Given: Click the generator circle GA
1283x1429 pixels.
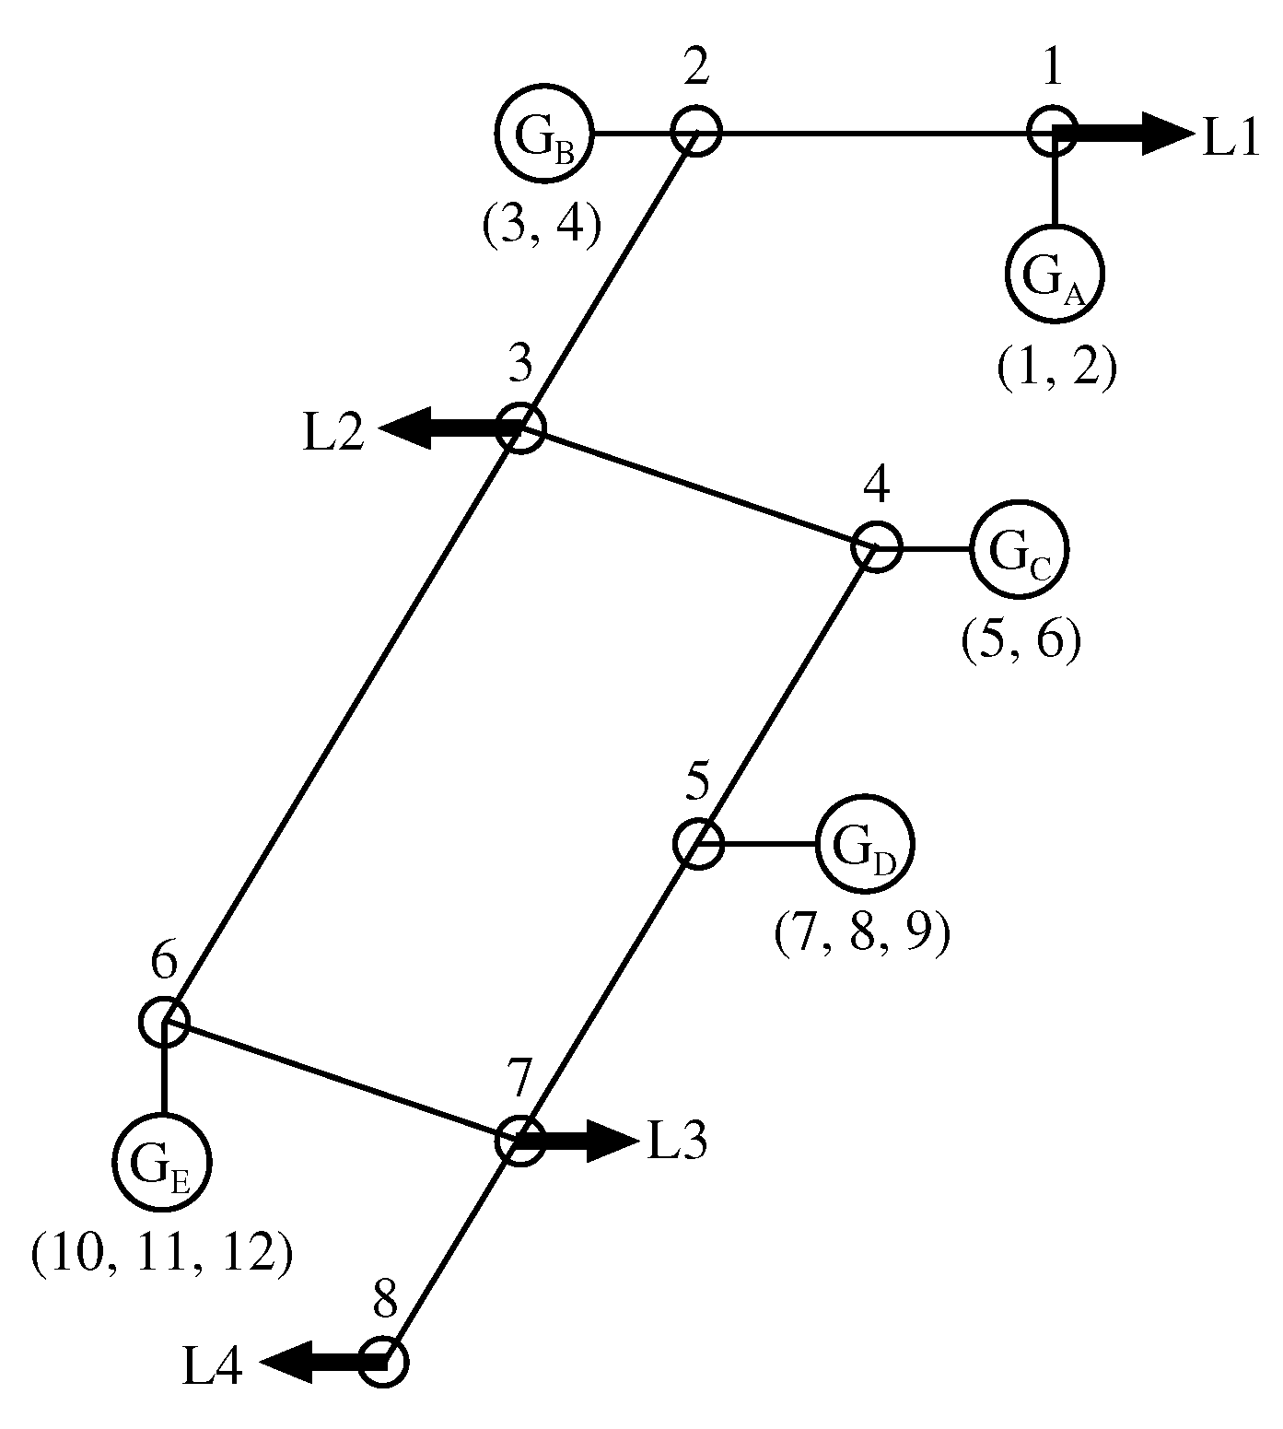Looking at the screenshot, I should tap(1054, 275).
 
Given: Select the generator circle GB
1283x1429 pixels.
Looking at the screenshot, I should tap(545, 134).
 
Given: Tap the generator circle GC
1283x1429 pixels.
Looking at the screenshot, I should tap(1020, 549).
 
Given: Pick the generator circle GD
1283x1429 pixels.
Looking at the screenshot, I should tap(865, 844).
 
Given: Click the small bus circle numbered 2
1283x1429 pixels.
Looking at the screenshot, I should tap(694, 131).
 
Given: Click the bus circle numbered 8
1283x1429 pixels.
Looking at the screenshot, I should tap(382, 1362).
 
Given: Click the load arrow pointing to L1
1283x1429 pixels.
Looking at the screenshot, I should tap(1128, 132).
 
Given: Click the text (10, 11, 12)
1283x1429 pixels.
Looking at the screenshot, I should tap(162, 1255).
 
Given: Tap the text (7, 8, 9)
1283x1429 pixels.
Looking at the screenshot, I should tap(862, 934).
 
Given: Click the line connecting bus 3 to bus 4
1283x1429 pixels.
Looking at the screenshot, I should tap(698, 487).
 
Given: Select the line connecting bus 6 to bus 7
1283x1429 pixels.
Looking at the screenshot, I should tap(341, 1080).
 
